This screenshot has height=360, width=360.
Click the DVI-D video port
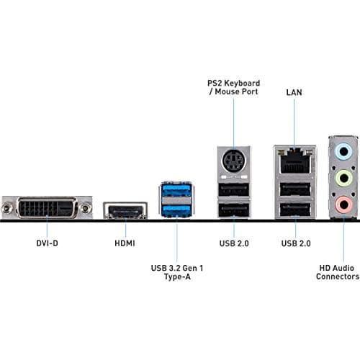pos(47,208)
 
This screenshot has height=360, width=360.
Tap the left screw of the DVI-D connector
pos(9,208)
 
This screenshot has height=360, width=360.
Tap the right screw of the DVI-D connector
pos(86,208)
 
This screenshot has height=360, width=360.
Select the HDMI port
pos(126,210)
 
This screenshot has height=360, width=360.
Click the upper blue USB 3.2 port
pos(176,192)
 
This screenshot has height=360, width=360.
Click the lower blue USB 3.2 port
pos(176,210)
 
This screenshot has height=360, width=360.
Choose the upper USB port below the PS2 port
pos(233,190)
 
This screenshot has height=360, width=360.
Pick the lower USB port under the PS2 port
pos(233,210)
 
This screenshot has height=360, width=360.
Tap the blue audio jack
pos(344,152)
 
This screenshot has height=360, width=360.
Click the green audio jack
pos(344,179)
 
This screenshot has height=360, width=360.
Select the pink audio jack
pos(344,205)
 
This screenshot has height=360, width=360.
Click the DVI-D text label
pos(47,243)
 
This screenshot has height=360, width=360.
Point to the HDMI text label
pos(126,243)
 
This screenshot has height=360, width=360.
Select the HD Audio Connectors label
pos(338,271)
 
